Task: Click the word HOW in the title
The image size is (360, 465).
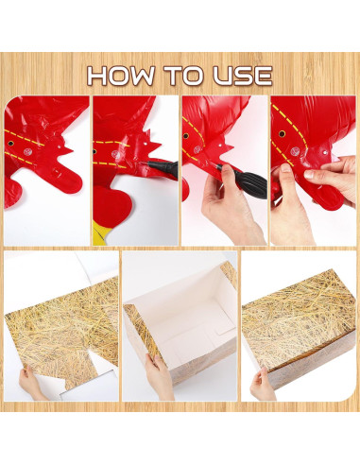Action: point(121,76)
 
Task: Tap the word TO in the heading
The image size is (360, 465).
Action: point(184,76)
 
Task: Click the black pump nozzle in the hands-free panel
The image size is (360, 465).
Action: point(161,167)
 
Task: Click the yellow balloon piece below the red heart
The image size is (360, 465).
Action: point(101,233)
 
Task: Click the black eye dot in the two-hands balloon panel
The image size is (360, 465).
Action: point(282,134)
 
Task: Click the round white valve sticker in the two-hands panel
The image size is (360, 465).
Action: point(295,152)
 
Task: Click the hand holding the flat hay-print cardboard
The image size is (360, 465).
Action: point(30,384)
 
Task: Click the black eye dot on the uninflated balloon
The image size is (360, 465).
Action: point(11,144)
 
